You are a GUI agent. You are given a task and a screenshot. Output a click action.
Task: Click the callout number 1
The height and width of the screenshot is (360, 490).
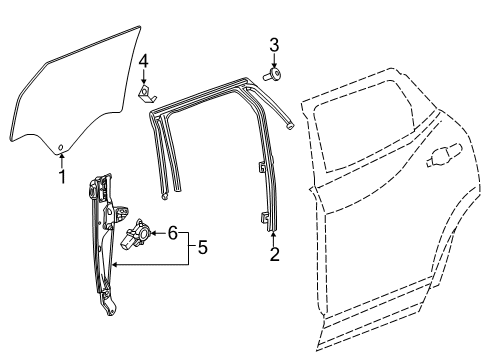pos(62,178)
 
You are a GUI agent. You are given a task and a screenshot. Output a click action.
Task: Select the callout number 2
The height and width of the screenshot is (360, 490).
pos(274,253)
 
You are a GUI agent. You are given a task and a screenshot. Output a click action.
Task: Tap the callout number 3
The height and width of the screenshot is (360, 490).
pos(272,45)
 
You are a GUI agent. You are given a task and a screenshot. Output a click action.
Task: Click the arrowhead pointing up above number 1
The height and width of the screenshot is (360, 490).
pos(62,158)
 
